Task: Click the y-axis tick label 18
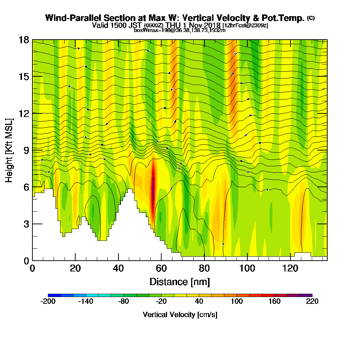click(x=24, y=40)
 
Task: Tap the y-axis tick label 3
click(x=26, y=224)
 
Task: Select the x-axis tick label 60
click(x=161, y=268)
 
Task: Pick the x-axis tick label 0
click(x=32, y=268)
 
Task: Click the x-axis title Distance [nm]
click(x=180, y=282)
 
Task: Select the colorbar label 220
click(x=312, y=301)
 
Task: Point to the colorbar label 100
click(x=237, y=301)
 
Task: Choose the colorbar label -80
click(x=123, y=301)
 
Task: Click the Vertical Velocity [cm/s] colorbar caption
click(x=180, y=315)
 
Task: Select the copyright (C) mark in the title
click(x=311, y=18)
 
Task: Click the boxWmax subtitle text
click(x=180, y=30)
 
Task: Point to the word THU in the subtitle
click(x=174, y=25)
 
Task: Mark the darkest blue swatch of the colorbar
click(x=54, y=296)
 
